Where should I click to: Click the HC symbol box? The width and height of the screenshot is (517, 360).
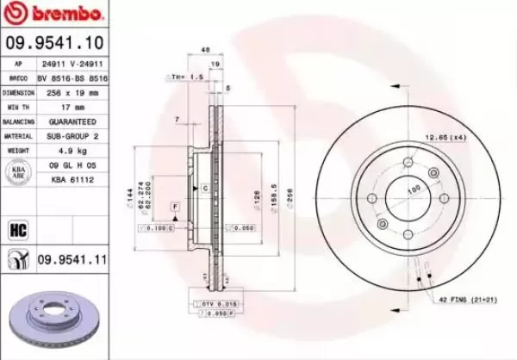tap(17, 228)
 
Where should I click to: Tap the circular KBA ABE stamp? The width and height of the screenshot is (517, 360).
tap(17, 174)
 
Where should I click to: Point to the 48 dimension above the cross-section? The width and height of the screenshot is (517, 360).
tap(205, 50)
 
